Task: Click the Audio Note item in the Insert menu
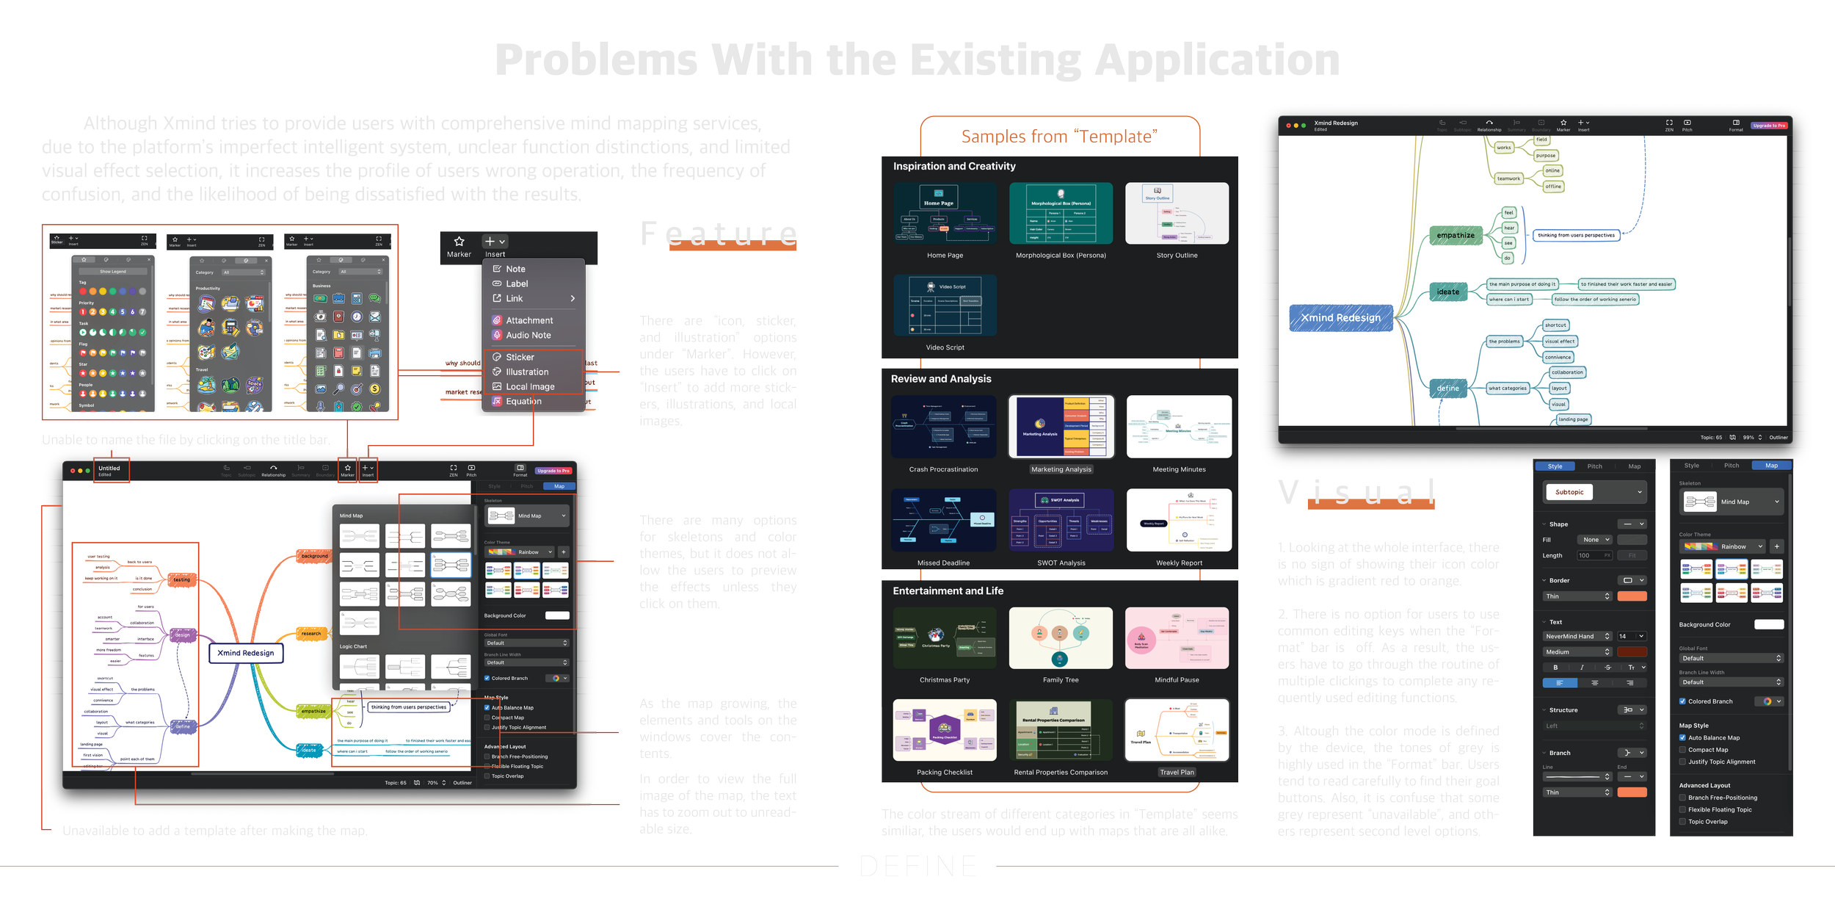(x=528, y=336)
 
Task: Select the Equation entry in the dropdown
(x=523, y=402)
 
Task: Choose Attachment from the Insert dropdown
(x=528, y=321)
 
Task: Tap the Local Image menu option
(x=529, y=387)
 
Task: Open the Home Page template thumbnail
(x=945, y=214)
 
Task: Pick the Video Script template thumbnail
(x=945, y=306)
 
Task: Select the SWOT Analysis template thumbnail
(x=1061, y=521)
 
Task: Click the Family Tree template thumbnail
(x=1061, y=638)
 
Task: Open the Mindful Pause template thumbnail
(x=1177, y=638)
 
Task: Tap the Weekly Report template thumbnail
(x=1179, y=521)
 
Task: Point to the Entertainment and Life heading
(x=948, y=591)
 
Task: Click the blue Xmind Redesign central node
(x=1340, y=318)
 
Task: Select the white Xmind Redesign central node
(x=246, y=653)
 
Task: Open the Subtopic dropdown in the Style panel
(x=1595, y=492)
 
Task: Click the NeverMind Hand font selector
(x=1577, y=637)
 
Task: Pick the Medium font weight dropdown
(x=1577, y=652)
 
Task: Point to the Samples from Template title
(x=1059, y=137)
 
